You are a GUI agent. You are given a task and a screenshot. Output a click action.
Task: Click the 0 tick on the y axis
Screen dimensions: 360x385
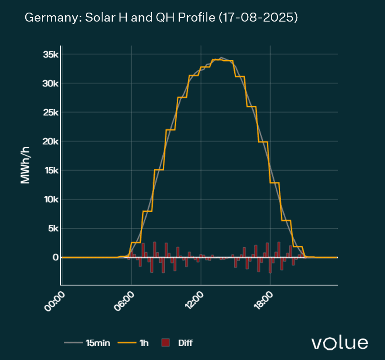pos(55,257)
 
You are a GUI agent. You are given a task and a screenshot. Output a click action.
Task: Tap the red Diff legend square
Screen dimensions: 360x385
pos(166,343)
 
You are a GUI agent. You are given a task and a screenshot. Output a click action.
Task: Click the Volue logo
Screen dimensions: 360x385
pos(340,343)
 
